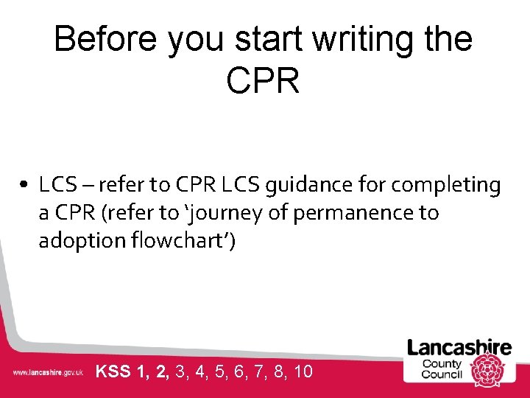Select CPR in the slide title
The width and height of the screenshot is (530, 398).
click(264, 80)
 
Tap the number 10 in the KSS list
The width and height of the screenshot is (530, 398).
click(303, 371)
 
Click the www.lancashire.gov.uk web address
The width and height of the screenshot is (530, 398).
click(47, 373)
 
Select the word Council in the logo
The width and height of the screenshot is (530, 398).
click(442, 374)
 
